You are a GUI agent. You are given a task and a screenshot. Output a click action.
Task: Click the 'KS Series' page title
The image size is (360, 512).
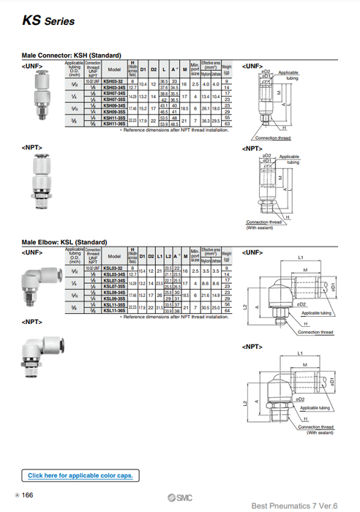[48, 21]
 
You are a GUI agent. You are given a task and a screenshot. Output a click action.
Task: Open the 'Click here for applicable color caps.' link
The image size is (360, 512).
[80, 475]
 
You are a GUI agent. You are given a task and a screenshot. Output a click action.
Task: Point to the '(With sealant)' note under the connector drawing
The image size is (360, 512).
[260, 227]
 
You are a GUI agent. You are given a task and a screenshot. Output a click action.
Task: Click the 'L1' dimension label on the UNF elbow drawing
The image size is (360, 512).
[301, 257]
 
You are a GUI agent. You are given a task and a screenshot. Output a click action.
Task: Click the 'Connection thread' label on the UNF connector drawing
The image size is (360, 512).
[272, 138]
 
